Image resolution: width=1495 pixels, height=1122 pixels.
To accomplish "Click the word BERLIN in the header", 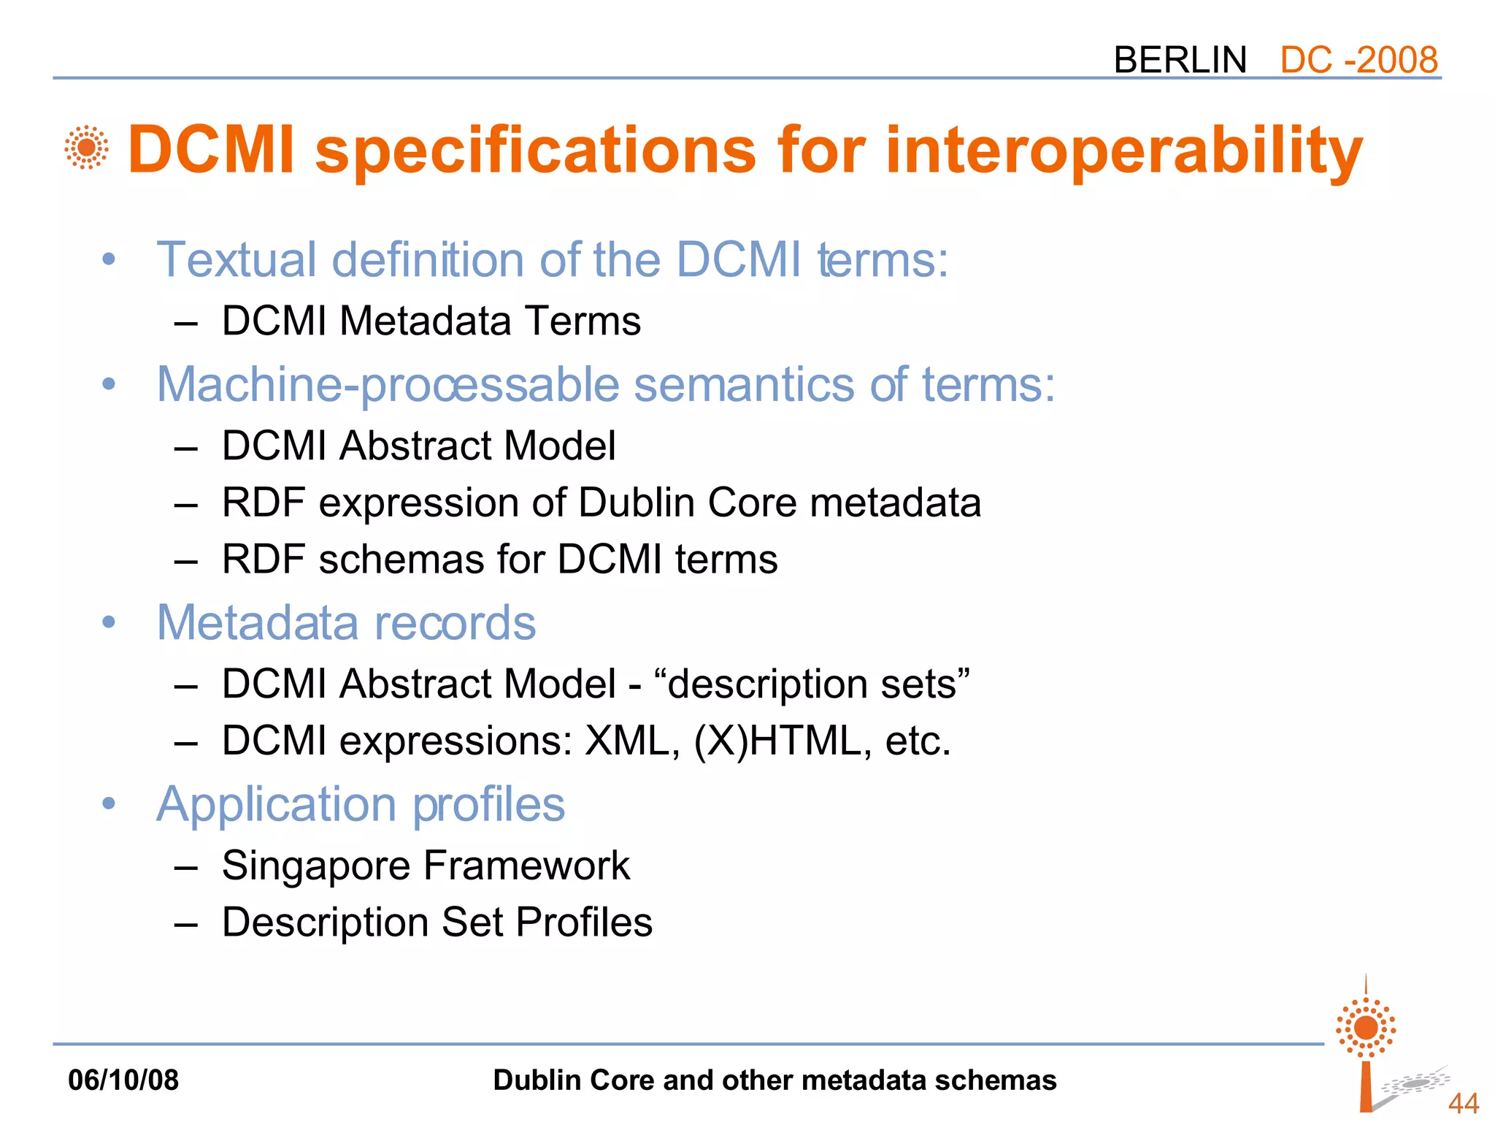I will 1180,60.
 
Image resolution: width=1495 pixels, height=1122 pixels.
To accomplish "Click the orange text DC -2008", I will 1358,60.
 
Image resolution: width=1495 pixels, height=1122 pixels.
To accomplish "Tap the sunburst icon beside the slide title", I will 86,148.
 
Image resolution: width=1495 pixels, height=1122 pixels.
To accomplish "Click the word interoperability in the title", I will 1123,150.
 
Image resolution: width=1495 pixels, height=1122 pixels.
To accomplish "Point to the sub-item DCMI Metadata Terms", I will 431,321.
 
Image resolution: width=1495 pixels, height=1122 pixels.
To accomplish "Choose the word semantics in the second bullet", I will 743,384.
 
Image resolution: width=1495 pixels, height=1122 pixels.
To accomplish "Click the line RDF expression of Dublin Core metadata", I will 601,503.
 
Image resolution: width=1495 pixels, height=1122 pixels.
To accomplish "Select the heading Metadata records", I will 346,622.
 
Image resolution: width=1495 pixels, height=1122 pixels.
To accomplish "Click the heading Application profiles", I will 361,804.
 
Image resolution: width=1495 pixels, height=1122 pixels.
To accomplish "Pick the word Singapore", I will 316,866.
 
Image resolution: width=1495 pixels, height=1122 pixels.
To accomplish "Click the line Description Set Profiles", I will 437,922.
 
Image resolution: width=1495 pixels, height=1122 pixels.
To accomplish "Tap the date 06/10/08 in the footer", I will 123,1080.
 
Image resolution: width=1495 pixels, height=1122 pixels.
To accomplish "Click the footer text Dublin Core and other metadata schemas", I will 774,1080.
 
